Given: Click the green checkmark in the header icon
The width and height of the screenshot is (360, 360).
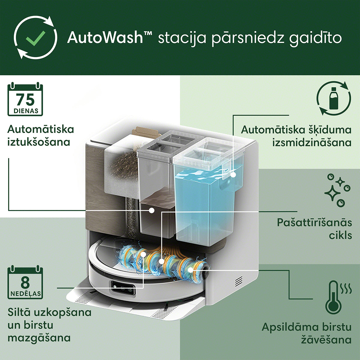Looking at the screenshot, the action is click(x=35, y=38).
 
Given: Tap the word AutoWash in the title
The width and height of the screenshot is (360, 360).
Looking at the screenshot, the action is click(x=105, y=37).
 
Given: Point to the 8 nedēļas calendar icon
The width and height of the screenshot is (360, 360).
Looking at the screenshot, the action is click(x=25, y=282).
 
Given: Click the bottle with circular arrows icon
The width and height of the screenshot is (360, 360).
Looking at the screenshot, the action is click(x=334, y=98).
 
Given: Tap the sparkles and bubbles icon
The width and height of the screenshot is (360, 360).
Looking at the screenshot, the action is click(x=337, y=190).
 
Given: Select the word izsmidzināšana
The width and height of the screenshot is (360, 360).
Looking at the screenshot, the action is click(x=312, y=143).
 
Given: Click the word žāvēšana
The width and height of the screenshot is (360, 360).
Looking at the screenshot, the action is click(x=326, y=339).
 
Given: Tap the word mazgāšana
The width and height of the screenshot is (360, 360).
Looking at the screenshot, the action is click(x=39, y=338).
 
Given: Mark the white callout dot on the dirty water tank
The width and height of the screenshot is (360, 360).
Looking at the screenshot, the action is click(x=152, y=211).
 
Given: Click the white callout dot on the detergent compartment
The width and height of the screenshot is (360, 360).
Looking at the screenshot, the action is click(x=233, y=175).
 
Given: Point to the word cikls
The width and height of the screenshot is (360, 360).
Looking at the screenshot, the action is click(x=340, y=236).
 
